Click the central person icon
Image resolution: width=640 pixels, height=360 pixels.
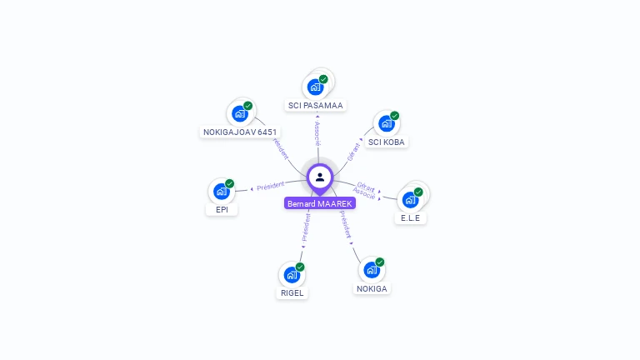pyautogui.click(x=320, y=177)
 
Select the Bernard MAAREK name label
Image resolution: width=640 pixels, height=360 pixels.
pyautogui.click(x=320, y=203)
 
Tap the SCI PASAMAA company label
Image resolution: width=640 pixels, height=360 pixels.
pyautogui.click(x=316, y=106)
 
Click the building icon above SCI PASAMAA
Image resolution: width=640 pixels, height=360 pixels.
pyautogui.click(x=315, y=87)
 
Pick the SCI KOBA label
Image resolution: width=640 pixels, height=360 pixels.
pyautogui.click(x=387, y=142)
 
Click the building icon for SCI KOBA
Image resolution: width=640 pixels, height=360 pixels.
pyautogui.click(x=386, y=123)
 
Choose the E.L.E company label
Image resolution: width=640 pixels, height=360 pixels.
pyautogui.click(x=410, y=218)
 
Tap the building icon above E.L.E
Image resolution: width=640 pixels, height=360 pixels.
pyautogui.click(x=409, y=199)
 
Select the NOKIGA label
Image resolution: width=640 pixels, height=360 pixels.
pyautogui.click(x=372, y=289)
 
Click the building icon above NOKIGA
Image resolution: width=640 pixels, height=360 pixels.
pyautogui.click(x=371, y=270)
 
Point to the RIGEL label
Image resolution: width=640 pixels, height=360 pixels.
pyautogui.click(x=292, y=293)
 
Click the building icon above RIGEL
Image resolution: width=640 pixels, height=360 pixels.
pyautogui.click(x=292, y=274)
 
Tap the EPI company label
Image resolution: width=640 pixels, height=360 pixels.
pyautogui.click(x=222, y=210)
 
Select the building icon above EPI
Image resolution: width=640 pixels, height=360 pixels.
pyautogui.click(x=221, y=191)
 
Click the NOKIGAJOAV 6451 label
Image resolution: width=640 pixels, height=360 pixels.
pyautogui.click(x=240, y=132)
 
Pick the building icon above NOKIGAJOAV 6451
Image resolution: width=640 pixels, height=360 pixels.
pyautogui.click(x=240, y=113)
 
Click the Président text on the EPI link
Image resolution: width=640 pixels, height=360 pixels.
pyautogui.click(x=271, y=187)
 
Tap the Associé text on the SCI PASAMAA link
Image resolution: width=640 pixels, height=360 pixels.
pyautogui.click(x=317, y=132)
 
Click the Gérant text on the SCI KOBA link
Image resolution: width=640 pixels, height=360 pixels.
pyautogui.click(x=354, y=152)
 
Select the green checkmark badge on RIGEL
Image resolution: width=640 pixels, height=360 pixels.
pyautogui.click(x=300, y=267)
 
